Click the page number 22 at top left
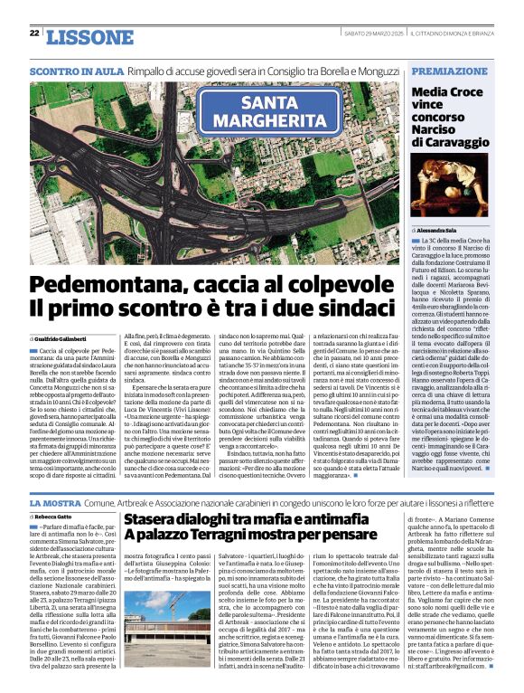coord(33,33)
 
